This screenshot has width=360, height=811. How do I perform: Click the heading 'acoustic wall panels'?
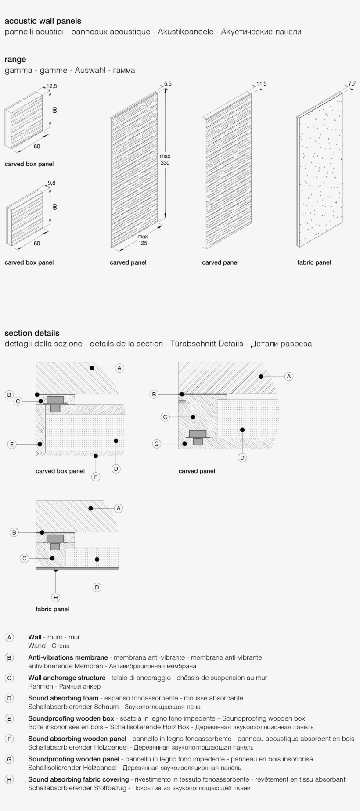click(x=43, y=21)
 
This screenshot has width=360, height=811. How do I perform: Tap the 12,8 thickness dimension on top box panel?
click(x=52, y=86)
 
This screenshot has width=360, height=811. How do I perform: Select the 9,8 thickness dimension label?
click(x=51, y=183)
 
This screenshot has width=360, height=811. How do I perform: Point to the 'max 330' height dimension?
click(x=165, y=159)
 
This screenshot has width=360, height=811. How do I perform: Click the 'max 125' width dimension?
click(x=143, y=240)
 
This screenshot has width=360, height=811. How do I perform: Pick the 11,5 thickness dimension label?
click(x=261, y=84)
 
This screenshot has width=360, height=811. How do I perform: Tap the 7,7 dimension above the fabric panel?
click(x=352, y=84)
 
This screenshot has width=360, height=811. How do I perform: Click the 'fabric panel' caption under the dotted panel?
click(x=314, y=262)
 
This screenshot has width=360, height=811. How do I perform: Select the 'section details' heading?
click(x=32, y=333)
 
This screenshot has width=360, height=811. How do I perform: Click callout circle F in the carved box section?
click(x=96, y=477)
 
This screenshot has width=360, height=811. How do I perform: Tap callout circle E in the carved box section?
click(x=12, y=444)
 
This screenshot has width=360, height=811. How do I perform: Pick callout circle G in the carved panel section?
click(x=156, y=444)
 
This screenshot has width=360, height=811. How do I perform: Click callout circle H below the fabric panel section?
click(x=55, y=597)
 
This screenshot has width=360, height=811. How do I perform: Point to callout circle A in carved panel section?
click(x=288, y=376)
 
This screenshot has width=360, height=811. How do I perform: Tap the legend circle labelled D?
click(x=9, y=698)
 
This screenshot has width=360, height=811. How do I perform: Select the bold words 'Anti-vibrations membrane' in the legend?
click(x=68, y=657)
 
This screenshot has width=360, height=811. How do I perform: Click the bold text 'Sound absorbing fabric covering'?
click(x=78, y=779)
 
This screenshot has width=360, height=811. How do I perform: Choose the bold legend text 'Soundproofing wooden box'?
click(x=71, y=718)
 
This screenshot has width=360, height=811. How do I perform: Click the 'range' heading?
click(x=15, y=60)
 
